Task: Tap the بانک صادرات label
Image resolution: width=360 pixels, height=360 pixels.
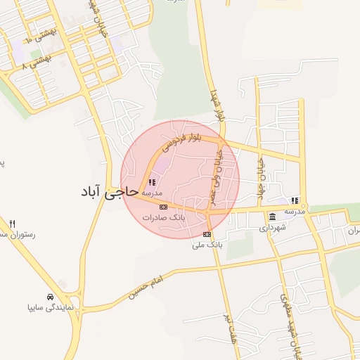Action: [164, 218]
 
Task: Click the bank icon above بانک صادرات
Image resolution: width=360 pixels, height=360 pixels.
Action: [164, 207]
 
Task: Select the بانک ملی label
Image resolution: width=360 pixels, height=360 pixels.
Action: [207, 245]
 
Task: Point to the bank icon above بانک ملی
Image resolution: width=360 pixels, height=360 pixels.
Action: [207, 234]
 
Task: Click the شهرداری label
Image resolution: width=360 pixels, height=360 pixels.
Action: [272, 228]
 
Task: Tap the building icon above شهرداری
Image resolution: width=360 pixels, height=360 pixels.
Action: [272, 217]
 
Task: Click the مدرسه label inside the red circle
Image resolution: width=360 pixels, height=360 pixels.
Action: [152, 193]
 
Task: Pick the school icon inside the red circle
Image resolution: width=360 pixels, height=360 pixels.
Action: [152, 182]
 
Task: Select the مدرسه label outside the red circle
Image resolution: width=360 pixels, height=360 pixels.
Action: [295, 211]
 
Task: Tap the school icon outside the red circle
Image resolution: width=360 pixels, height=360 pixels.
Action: [295, 200]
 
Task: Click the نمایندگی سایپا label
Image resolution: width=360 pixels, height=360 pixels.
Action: [49, 308]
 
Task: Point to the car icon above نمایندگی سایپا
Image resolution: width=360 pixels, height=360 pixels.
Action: [49, 297]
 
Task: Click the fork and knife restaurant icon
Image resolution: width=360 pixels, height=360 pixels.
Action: [12, 224]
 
